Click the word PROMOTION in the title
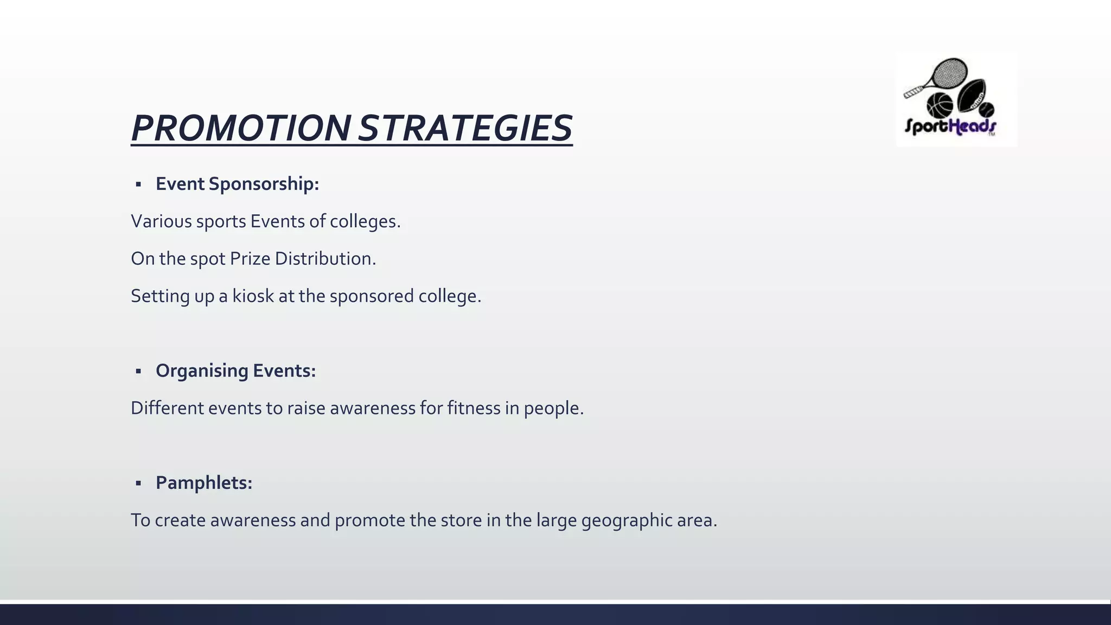click(x=241, y=129)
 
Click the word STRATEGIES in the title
click(x=465, y=129)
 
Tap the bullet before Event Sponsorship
click(x=138, y=184)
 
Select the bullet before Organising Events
click(x=138, y=371)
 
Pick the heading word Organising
click(x=202, y=371)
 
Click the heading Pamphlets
click(x=204, y=483)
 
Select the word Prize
click(x=250, y=259)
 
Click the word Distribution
click(x=325, y=259)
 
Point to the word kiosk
click(x=253, y=296)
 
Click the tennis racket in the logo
click(x=944, y=76)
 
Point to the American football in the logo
click(x=971, y=94)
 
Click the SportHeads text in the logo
click(x=949, y=126)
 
